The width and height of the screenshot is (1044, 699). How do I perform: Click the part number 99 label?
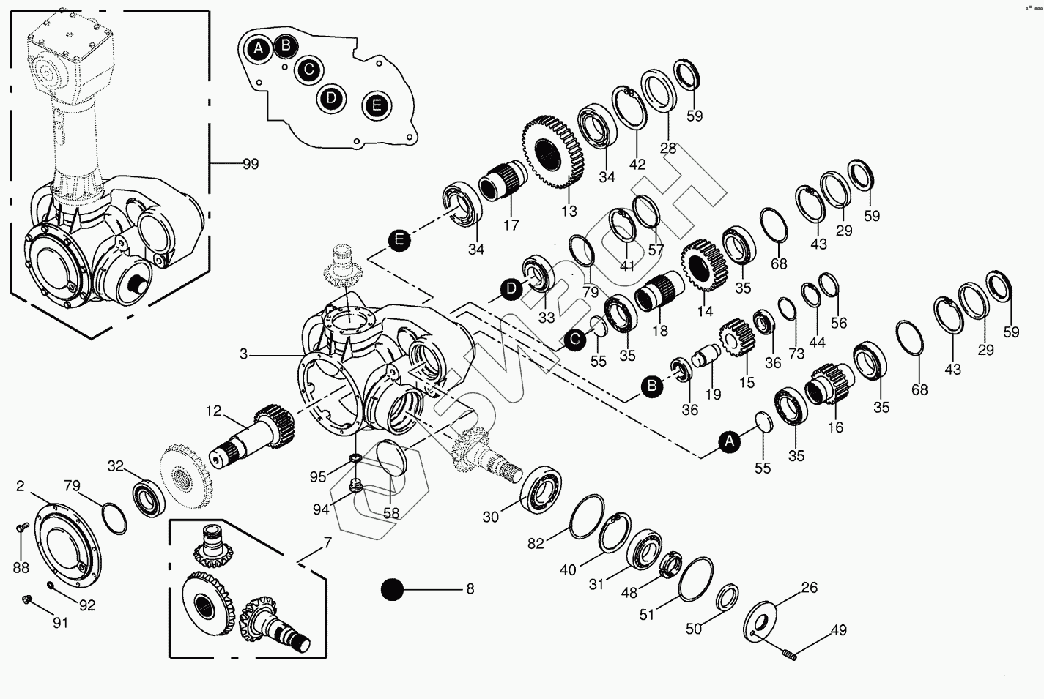(x=251, y=163)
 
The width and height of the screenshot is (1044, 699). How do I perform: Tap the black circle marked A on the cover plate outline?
(x=258, y=50)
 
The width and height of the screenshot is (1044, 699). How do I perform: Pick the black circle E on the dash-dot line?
(x=399, y=239)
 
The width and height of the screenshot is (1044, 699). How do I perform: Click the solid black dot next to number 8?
(x=393, y=589)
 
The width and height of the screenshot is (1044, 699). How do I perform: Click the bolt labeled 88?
(x=21, y=527)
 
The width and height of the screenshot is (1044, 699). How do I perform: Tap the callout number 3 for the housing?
(x=244, y=354)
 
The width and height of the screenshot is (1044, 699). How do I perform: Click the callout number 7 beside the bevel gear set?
(x=327, y=543)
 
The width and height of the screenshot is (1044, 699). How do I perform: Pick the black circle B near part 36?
(x=651, y=386)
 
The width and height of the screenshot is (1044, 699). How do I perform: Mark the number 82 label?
(x=536, y=544)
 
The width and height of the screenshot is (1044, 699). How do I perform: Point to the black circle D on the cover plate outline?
(x=332, y=97)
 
